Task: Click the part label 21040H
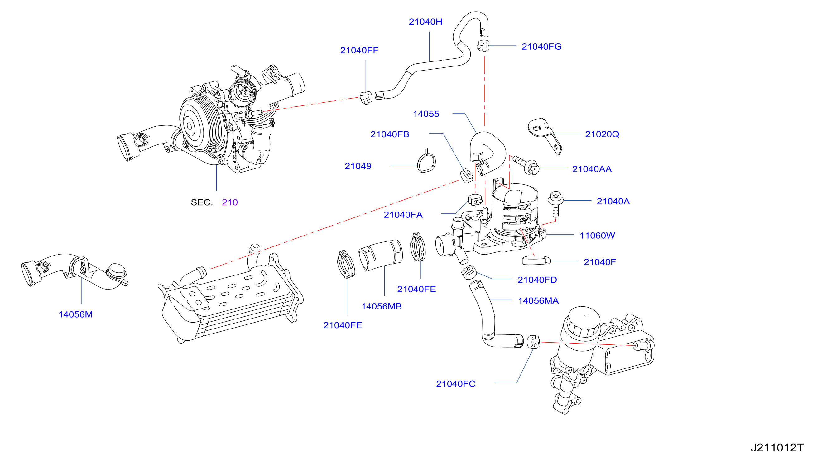coord(425,22)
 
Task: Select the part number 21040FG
coord(541,46)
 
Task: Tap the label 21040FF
coord(359,50)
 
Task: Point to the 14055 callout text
coord(426,114)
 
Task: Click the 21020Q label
coord(602,134)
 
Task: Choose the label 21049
coord(358,166)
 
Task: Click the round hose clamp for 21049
coord(426,162)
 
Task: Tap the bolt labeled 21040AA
coord(526,165)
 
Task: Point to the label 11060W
coord(597,236)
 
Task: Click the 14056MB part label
coord(381,306)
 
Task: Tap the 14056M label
coord(75,314)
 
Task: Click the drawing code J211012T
coord(777,448)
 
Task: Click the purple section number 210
coord(230,202)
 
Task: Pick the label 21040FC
coord(456,384)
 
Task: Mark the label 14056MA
coord(538,300)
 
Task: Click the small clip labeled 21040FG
coord(483,46)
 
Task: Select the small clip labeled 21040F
coord(536,261)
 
